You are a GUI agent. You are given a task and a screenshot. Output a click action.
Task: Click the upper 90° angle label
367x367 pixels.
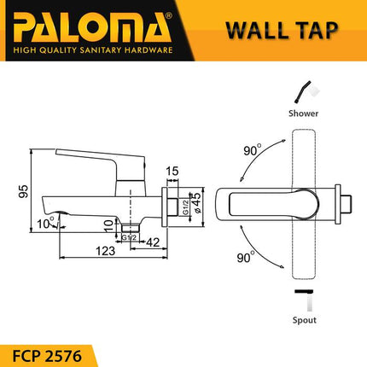pyautogui.click(x=251, y=150)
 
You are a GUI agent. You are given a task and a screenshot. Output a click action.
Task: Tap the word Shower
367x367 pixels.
pyautogui.click(x=304, y=112)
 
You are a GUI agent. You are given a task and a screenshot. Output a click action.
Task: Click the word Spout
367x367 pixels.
pyautogui.click(x=303, y=320)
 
